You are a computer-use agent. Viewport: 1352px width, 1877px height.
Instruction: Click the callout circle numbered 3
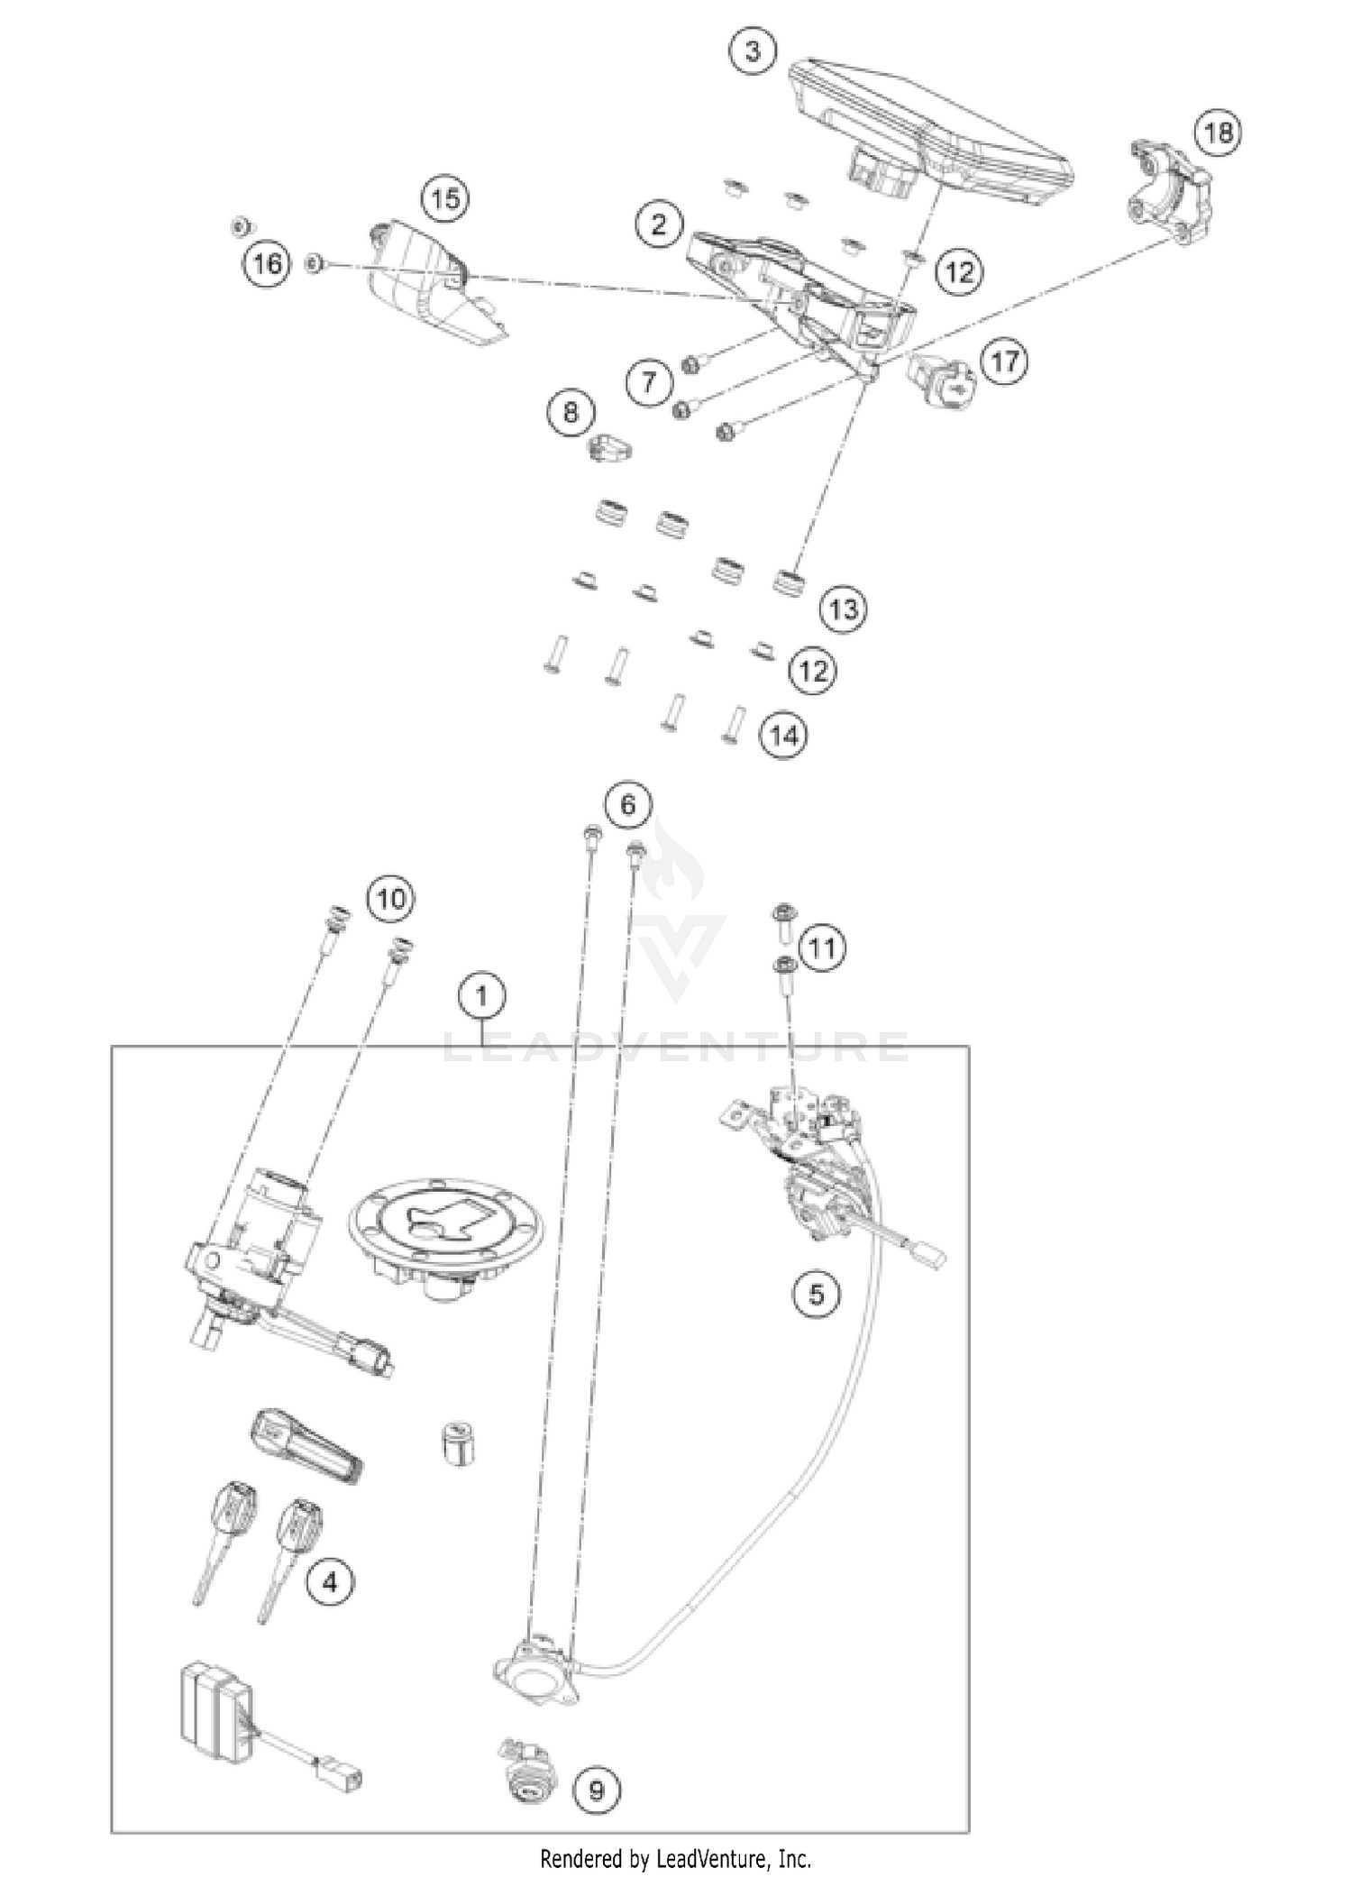tap(752, 51)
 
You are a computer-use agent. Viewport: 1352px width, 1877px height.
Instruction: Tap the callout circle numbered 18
tap(1218, 133)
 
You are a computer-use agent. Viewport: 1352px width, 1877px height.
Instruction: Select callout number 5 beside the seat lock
tap(816, 1296)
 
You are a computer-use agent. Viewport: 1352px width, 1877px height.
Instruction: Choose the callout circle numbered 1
tap(482, 996)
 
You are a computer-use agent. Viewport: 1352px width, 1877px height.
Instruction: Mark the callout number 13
tap(843, 609)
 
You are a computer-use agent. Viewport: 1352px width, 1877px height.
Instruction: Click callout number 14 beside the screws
tap(783, 736)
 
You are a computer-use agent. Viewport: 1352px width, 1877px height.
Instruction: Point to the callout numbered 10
tap(390, 898)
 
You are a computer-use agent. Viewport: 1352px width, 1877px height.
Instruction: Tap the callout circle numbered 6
tap(627, 804)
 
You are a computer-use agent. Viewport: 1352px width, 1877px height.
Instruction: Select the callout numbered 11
tap(823, 948)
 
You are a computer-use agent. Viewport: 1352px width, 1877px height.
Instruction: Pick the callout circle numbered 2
tap(658, 224)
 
